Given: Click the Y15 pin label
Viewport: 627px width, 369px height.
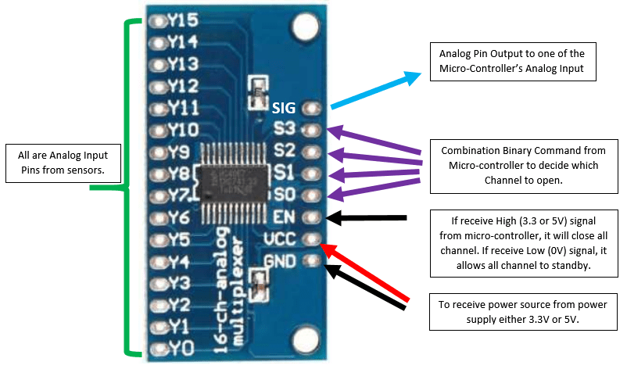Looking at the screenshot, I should pos(181,19).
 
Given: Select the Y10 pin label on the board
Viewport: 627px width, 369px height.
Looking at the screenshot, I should pos(182,128).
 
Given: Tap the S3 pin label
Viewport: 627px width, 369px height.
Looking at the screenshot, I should pos(285,128).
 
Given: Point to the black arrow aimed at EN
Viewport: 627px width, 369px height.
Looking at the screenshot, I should pos(367,218).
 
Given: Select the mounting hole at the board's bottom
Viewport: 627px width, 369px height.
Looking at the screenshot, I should pos(302,339).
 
